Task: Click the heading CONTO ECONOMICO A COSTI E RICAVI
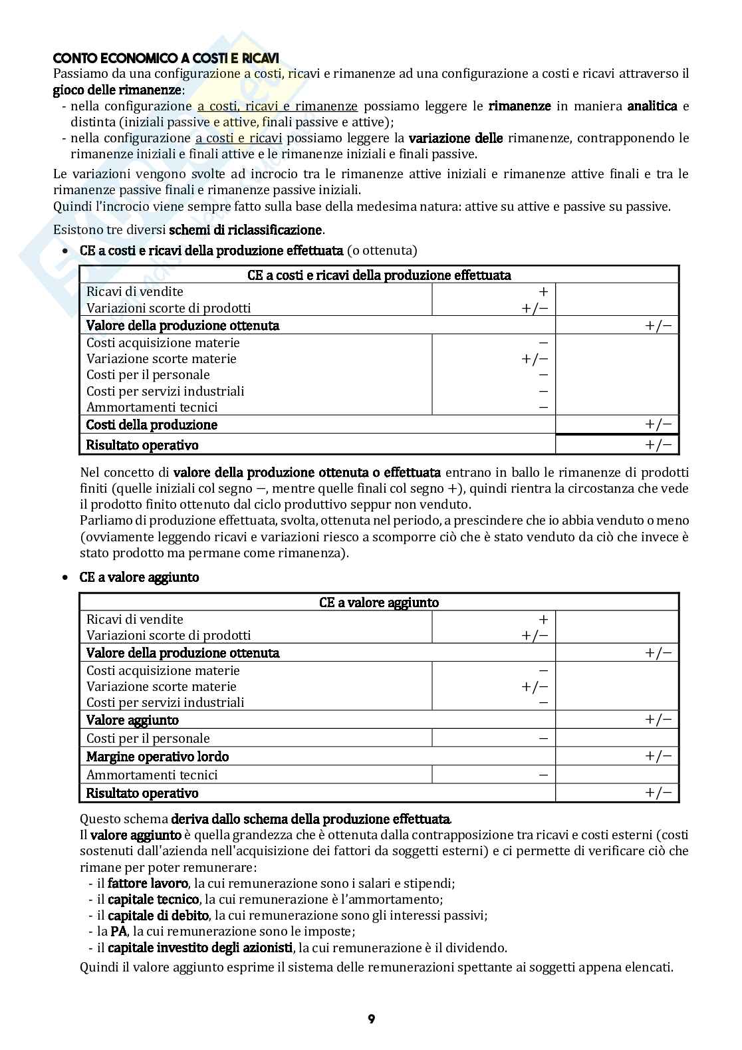(x=166, y=58)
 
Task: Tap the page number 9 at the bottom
(x=371, y=1019)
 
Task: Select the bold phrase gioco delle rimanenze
(x=117, y=90)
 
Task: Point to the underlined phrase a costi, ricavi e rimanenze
(x=277, y=106)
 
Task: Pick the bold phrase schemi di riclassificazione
(x=245, y=230)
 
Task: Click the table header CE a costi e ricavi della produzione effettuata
(x=379, y=275)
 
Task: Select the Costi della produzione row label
(x=152, y=424)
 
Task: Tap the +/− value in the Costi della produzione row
(x=658, y=424)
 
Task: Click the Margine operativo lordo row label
(x=158, y=756)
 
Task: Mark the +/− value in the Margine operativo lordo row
(x=658, y=756)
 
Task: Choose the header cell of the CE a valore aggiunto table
(x=379, y=602)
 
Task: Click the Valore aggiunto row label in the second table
(x=133, y=720)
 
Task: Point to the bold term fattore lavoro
(x=148, y=884)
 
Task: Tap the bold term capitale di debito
(x=158, y=916)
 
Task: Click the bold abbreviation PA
(x=119, y=932)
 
